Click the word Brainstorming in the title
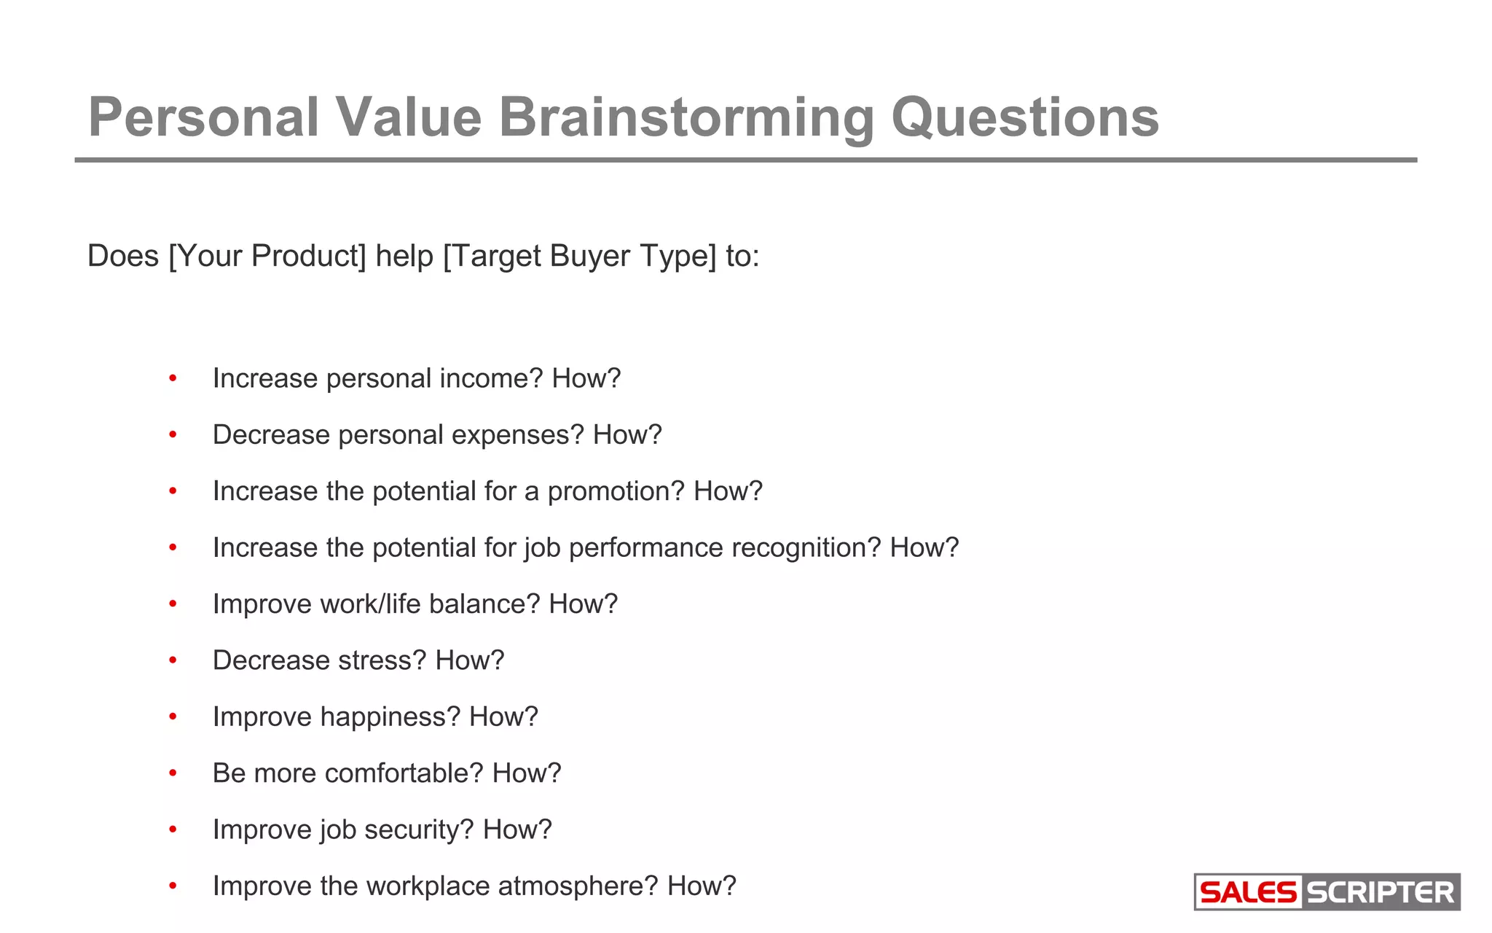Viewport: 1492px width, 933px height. [686, 118]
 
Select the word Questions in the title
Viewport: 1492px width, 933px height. [1025, 118]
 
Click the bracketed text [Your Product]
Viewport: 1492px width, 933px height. [267, 257]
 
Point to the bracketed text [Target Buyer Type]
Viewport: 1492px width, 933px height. [580, 257]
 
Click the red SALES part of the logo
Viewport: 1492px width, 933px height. [1248, 892]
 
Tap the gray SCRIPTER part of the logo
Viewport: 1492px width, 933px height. [1380, 892]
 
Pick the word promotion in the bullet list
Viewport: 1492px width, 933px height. [616, 492]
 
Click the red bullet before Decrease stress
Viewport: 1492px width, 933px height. [173, 660]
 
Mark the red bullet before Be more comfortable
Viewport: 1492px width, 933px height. [173, 773]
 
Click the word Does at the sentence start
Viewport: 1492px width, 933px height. [122, 257]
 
